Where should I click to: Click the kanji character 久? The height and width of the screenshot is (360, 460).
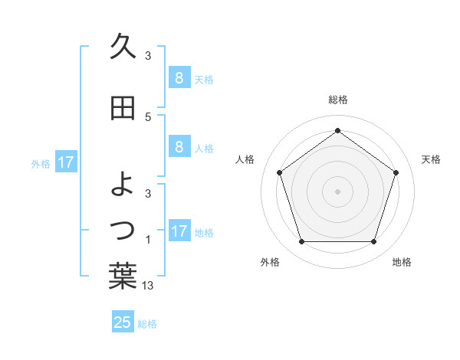123,47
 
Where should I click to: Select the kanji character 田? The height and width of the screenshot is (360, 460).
123,109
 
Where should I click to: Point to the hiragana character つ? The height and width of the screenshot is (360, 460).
123,229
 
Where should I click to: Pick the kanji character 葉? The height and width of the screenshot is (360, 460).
123,277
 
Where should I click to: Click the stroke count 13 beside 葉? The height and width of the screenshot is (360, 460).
148,286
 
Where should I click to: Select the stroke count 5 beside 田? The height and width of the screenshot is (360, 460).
148,117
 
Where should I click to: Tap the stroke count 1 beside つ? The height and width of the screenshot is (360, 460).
148,241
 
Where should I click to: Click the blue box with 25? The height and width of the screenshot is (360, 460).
123,322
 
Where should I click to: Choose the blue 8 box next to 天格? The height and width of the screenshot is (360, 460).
179,78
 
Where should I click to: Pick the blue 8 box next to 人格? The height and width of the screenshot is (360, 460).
179,148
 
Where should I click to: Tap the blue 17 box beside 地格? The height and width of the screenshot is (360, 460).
179,231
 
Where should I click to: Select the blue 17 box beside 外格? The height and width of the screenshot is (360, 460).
66,162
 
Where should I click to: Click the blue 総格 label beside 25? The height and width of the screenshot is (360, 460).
148,324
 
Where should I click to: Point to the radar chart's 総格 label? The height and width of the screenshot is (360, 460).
337,100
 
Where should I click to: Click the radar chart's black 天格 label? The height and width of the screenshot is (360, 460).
431,159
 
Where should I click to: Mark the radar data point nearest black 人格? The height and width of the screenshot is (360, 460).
279,172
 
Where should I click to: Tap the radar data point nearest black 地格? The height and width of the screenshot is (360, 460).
373,242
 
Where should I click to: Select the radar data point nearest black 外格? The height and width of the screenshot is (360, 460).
301,242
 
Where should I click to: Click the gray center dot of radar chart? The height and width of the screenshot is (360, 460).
337,191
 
